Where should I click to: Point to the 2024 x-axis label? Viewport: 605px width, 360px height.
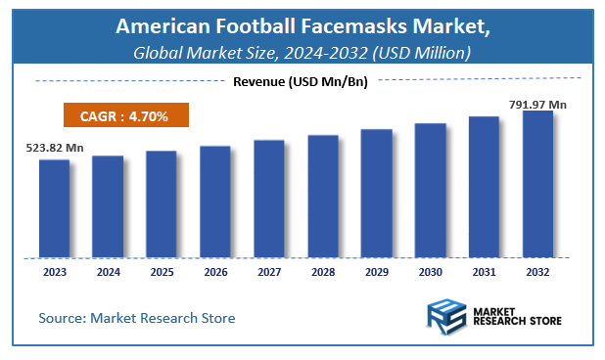tap(108, 272)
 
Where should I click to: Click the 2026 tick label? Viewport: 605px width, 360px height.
tap(215, 272)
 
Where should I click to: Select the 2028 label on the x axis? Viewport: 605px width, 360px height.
tap(322, 272)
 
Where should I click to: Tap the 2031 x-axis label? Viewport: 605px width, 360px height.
tap(484, 272)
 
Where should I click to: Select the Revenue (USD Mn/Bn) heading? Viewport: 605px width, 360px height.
tap(300, 81)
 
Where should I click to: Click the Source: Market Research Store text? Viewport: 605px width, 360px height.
tap(137, 318)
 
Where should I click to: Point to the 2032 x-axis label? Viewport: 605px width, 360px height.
tap(537, 272)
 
